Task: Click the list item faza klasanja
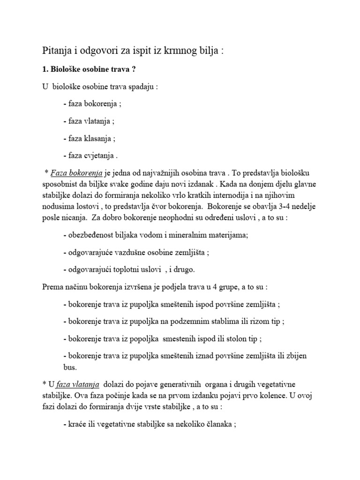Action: (x=89, y=138)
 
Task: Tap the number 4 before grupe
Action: (x=224, y=286)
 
